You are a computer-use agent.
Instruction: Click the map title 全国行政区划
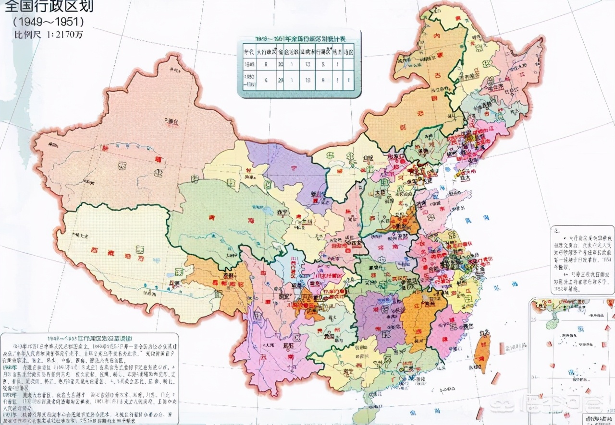(x=47, y=6)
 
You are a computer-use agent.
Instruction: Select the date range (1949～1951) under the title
(x=48, y=22)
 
